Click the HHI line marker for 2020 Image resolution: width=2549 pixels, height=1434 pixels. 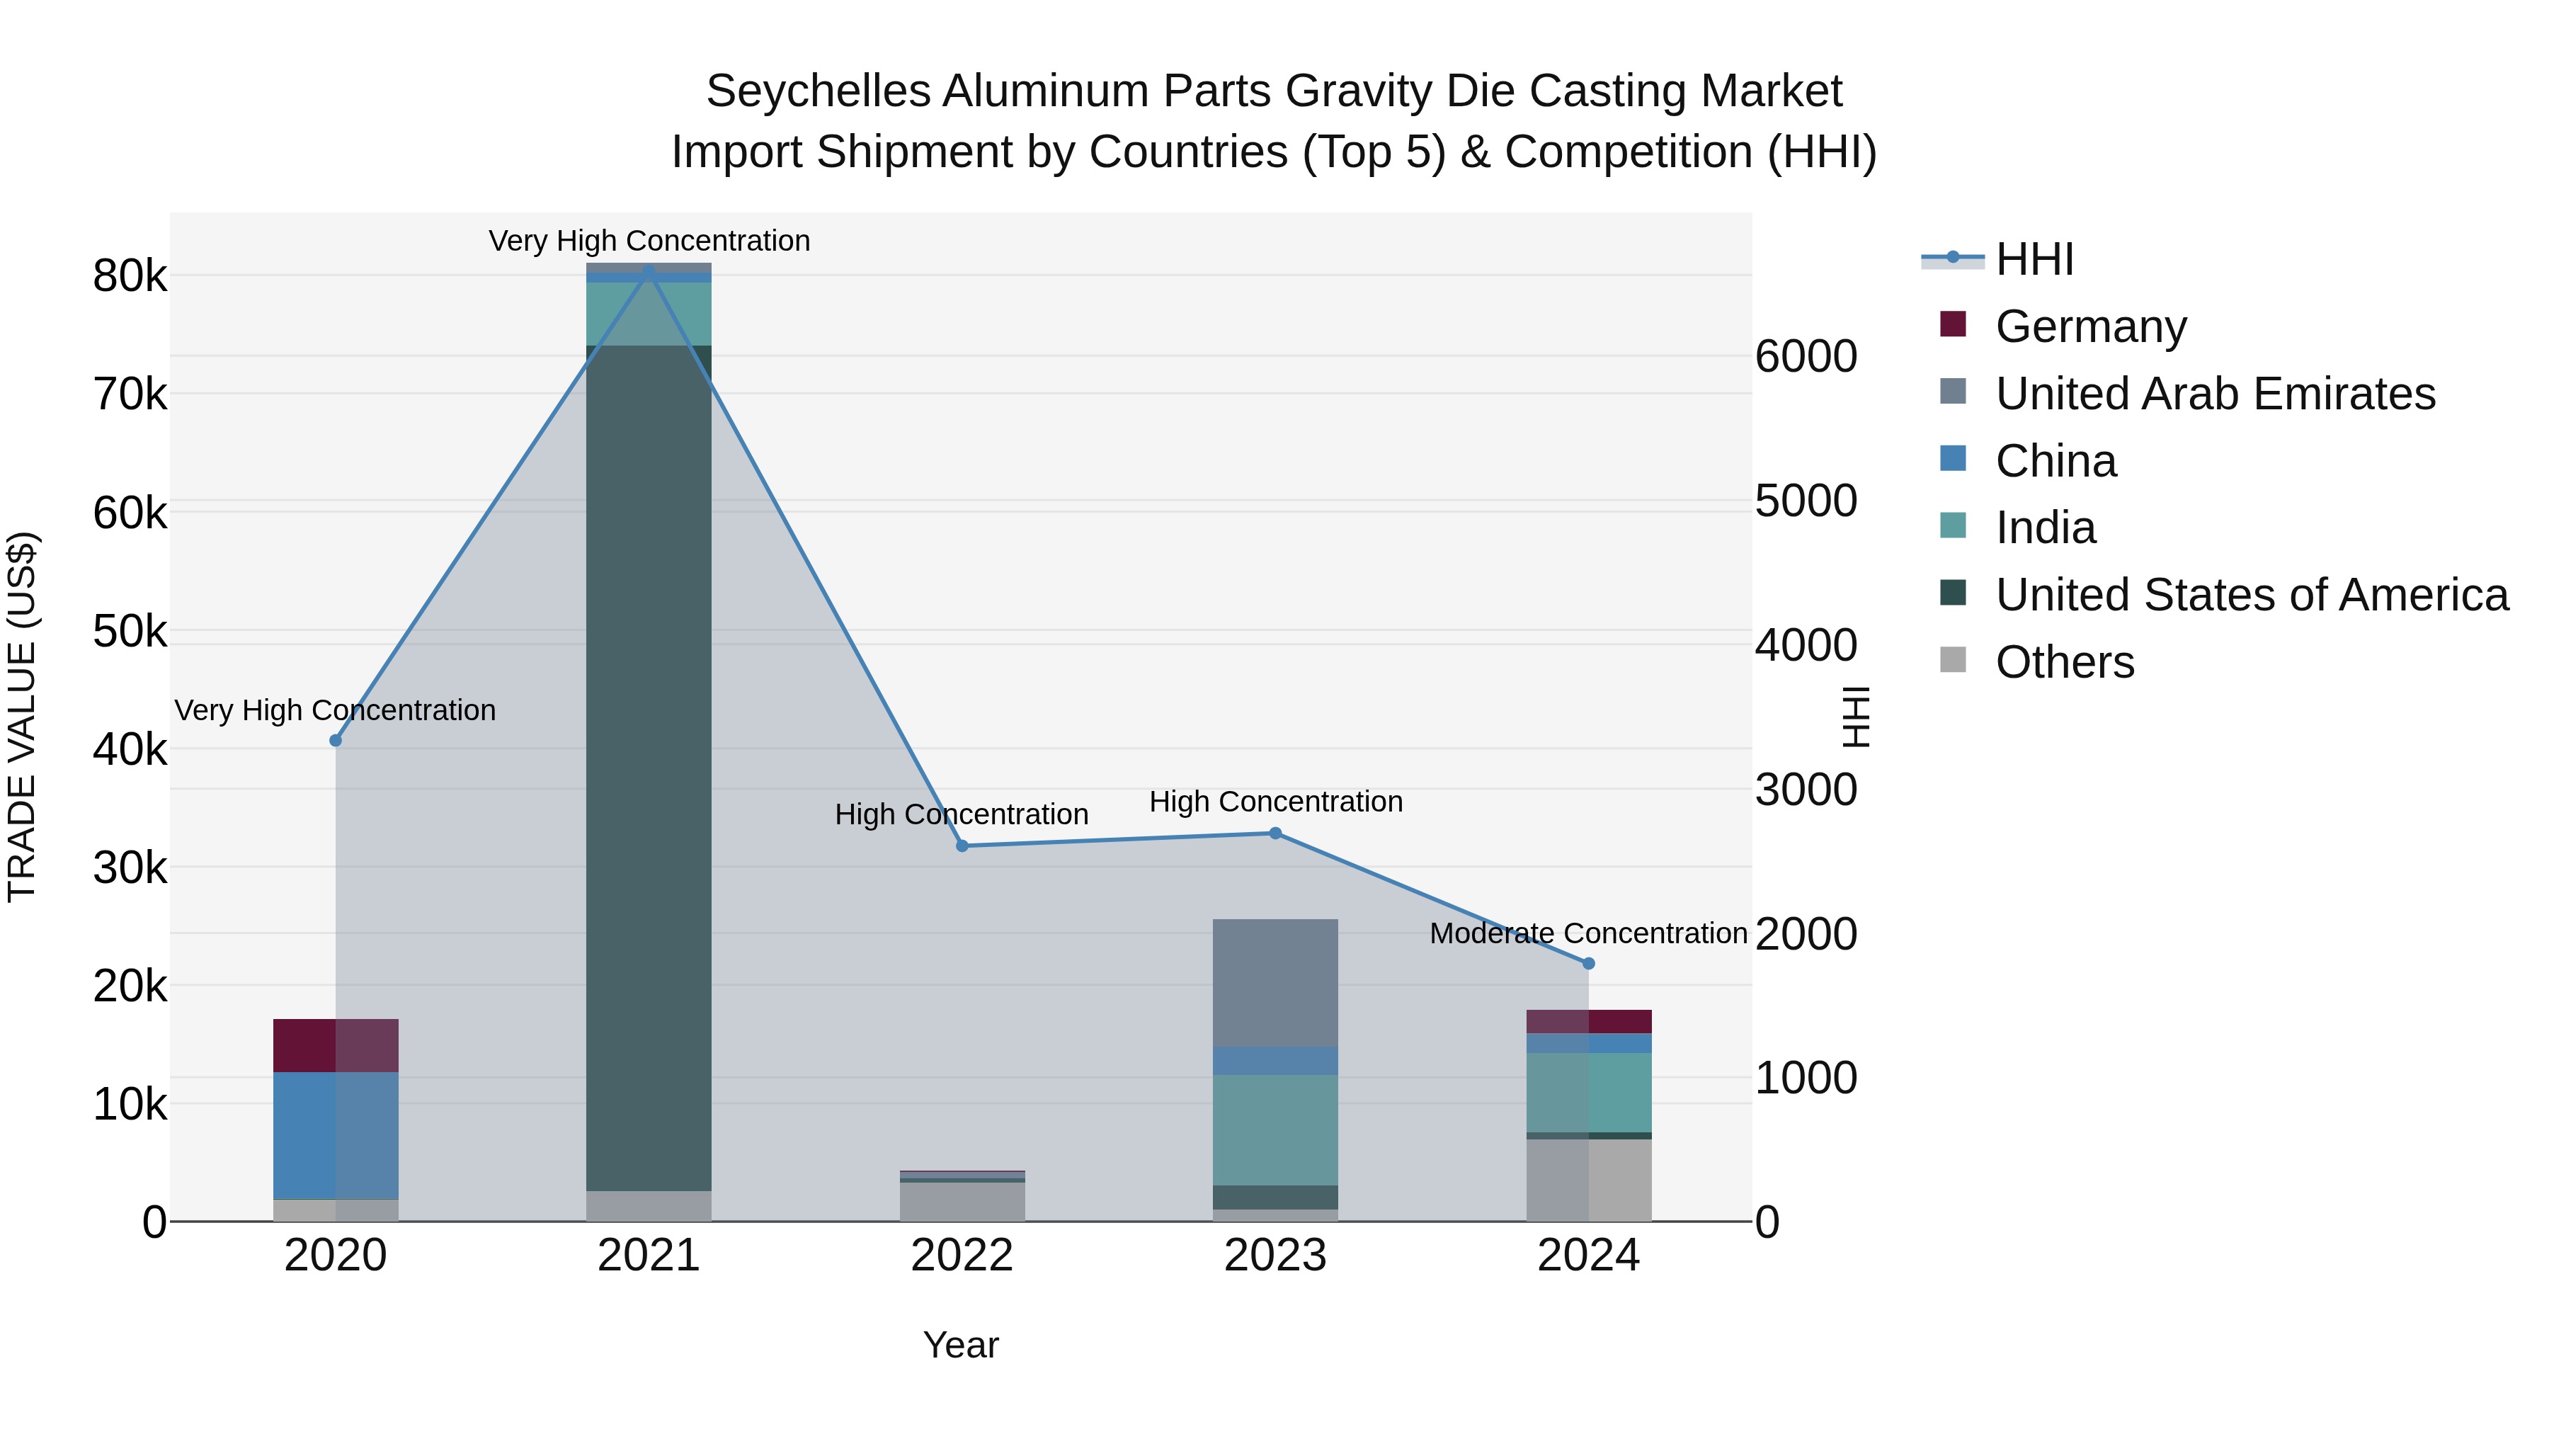[x=336, y=740]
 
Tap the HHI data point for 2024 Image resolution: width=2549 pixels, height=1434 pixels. [x=1589, y=963]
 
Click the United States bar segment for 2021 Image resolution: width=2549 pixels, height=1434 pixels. [x=649, y=767]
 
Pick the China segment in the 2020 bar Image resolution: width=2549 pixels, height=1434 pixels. [x=336, y=1135]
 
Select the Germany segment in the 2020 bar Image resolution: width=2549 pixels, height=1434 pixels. [x=336, y=1045]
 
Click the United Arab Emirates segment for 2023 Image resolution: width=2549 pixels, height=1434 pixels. [x=1275, y=983]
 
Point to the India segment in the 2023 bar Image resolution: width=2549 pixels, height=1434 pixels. [x=1275, y=1129]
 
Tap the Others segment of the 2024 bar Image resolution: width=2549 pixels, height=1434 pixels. [x=1589, y=1180]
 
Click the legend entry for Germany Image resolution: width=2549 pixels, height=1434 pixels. [x=2090, y=326]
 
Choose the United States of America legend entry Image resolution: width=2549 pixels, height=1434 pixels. [x=2251, y=595]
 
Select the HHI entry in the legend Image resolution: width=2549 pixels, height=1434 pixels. [x=2034, y=259]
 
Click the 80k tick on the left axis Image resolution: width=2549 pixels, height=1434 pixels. [x=130, y=276]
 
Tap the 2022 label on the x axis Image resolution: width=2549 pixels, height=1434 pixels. [x=962, y=1256]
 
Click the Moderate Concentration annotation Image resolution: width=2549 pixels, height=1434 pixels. [x=1587, y=933]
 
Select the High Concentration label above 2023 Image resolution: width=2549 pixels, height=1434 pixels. [x=1275, y=802]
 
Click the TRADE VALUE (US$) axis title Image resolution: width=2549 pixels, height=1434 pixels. [x=22, y=717]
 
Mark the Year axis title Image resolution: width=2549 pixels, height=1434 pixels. [x=961, y=1345]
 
